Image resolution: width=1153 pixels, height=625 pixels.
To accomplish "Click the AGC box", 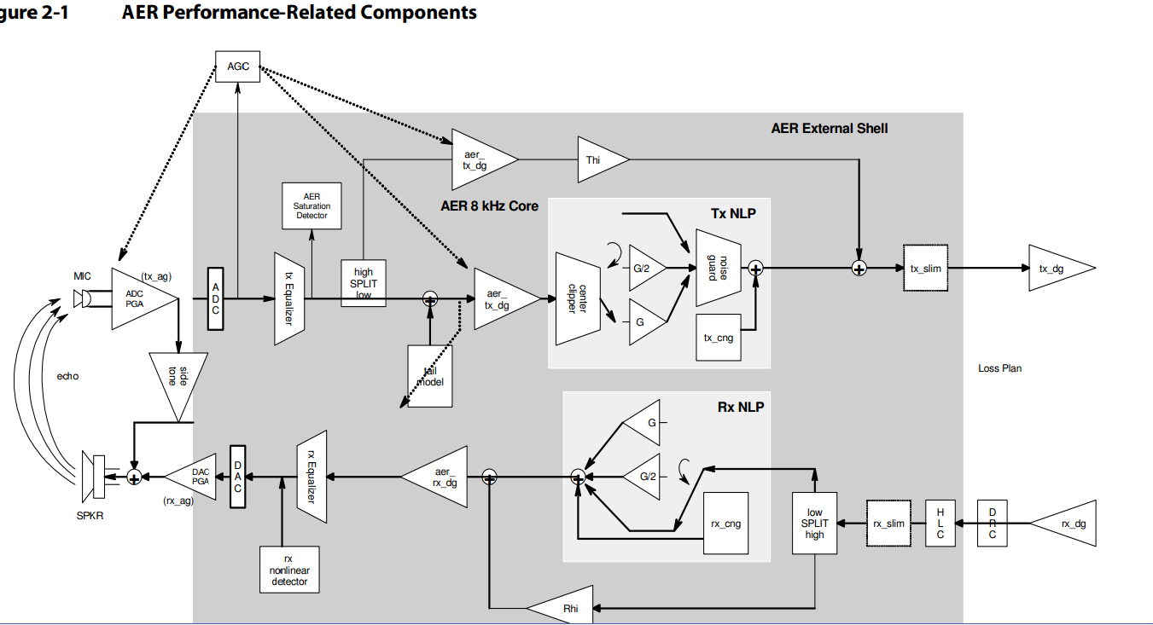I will (238, 67).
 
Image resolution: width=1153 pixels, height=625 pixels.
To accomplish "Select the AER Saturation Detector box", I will (312, 205).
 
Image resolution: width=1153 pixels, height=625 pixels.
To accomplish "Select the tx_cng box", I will (719, 338).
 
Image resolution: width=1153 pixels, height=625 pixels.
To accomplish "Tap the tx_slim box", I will (925, 269).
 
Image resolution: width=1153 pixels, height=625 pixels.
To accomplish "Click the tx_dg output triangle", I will (1056, 269).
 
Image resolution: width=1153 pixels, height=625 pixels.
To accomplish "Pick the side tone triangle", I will (177, 380).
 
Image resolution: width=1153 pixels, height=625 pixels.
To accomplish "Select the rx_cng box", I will (725, 524).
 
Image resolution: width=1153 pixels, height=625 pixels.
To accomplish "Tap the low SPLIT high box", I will (814, 523).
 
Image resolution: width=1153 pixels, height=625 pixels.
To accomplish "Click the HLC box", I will (940, 524).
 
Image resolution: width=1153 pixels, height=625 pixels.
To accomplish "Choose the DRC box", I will (992, 524).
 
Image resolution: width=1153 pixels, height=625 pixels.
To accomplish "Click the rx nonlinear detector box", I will (289, 570).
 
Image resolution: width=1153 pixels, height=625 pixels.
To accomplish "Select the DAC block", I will (238, 477).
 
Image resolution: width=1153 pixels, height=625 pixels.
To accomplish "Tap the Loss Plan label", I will (999, 368).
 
